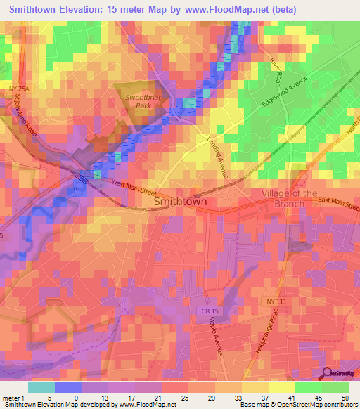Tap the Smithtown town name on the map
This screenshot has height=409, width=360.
180,202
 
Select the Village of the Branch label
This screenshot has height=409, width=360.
289,198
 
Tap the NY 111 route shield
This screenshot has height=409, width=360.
278,301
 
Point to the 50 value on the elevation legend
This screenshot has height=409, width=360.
335,398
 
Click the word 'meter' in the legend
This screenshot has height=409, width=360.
12,398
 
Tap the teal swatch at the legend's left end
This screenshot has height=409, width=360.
41,387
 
